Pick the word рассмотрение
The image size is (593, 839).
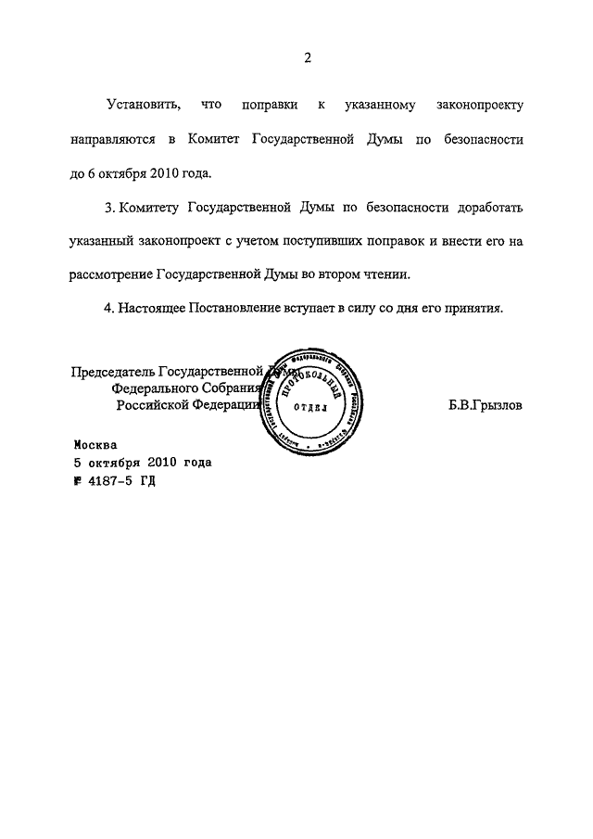111,274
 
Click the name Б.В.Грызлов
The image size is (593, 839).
485,405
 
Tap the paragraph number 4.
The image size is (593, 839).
108,309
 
